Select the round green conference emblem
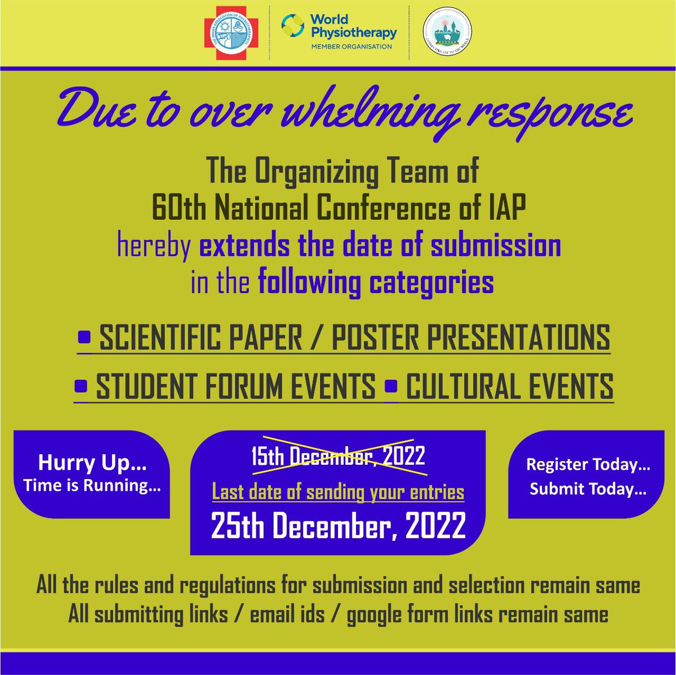448,34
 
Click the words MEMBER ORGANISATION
352,46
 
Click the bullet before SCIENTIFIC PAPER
84,337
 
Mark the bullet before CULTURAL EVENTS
391,385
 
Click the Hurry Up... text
92,463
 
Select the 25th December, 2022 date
338,526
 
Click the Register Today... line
588,465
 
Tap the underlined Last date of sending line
338,492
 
